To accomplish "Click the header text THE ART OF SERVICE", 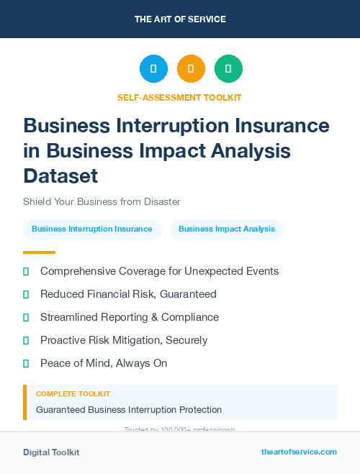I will click(180, 19).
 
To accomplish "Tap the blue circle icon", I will click(153, 69).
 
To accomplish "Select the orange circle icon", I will click(191, 69).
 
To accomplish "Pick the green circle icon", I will click(228, 69).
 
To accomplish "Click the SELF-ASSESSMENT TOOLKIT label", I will click(179, 97).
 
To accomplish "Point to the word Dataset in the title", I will click(60, 176).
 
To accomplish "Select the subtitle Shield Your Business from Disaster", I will click(102, 201).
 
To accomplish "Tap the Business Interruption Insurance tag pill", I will click(92, 229).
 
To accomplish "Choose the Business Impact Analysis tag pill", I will click(227, 229).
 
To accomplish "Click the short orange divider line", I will click(39, 252).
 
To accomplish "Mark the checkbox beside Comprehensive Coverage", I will click(26, 271).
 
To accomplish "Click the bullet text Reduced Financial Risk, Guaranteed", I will click(128, 294).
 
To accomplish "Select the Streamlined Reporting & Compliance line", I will click(130, 317).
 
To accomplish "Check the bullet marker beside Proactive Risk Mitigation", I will click(26, 340).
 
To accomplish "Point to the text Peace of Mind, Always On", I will click(104, 363).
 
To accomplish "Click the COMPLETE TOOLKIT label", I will click(73, 394).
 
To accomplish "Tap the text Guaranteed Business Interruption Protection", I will click(129, 409).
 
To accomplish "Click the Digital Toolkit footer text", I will click(51, 452).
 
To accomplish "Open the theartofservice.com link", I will click(299, 452).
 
